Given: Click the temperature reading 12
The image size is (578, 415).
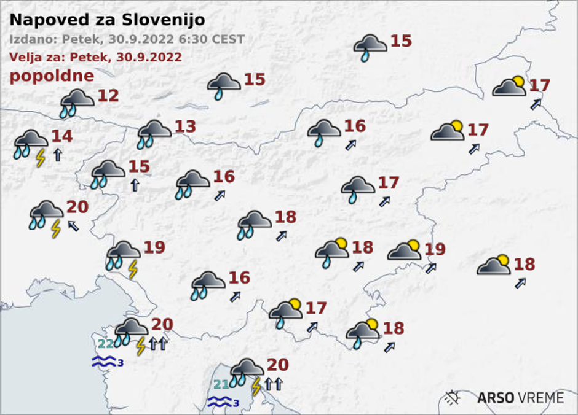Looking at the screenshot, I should tap(108, 96).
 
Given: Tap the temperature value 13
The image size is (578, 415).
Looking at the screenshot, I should tap(185, 127).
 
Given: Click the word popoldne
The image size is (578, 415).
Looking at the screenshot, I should tap(52, 76).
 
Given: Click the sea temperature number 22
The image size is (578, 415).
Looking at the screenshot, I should tap(106, 344).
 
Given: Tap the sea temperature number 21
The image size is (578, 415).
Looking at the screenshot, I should tap(222, 386).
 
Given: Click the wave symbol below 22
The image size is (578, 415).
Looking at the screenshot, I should tap(103, 362).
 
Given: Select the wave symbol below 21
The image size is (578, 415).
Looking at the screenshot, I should tap(219, 402).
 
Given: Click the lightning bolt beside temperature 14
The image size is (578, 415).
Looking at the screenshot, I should tap(41, 158).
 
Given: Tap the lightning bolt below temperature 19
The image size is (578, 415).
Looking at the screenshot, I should tap(132, 269).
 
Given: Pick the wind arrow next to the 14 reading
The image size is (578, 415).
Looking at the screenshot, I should tap(57, 155).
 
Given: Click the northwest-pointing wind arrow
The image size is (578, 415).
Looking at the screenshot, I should tap(73, 225).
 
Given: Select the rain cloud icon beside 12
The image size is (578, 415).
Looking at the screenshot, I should tap(77, 102).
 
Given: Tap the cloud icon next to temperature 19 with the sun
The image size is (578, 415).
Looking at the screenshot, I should tap(405, 250).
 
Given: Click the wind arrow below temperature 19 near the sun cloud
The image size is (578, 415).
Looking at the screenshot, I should tap(430, 268).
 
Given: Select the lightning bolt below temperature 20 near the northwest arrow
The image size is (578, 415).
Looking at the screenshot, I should tap(55, 228).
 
